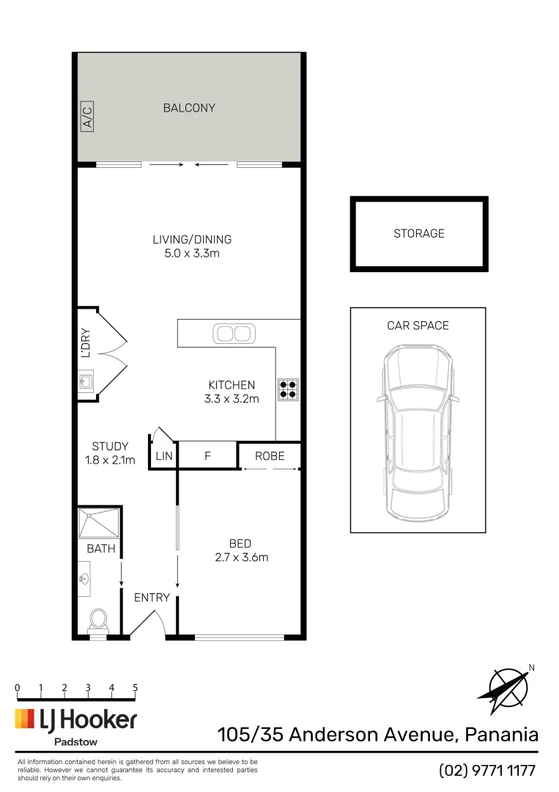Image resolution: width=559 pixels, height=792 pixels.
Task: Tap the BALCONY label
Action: [x=189, y=108]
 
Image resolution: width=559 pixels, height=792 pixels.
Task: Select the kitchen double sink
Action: [x=234, y=334]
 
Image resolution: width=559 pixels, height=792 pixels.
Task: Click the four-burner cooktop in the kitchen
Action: [x=288, y=389]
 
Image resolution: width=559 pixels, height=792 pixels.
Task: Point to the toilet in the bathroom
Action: [x=98, y=621]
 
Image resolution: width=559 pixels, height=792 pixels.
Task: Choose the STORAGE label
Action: [x=419, y=233]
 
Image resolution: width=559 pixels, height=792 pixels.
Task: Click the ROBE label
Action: [x=269, y=456]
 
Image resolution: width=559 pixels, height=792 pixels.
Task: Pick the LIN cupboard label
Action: [x=163, y=456]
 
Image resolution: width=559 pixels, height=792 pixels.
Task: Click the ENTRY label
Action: [x=152, y=598]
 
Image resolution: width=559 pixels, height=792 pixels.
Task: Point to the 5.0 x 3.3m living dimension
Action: [x=192, y=254]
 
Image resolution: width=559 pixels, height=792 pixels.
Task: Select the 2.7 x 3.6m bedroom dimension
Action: [x=240, y=557]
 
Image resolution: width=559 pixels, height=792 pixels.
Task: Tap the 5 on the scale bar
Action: [x=136, y=688]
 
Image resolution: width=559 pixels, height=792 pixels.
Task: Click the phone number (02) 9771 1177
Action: [x=487, y=771]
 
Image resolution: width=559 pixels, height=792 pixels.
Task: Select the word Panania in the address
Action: [x=497, y=734]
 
